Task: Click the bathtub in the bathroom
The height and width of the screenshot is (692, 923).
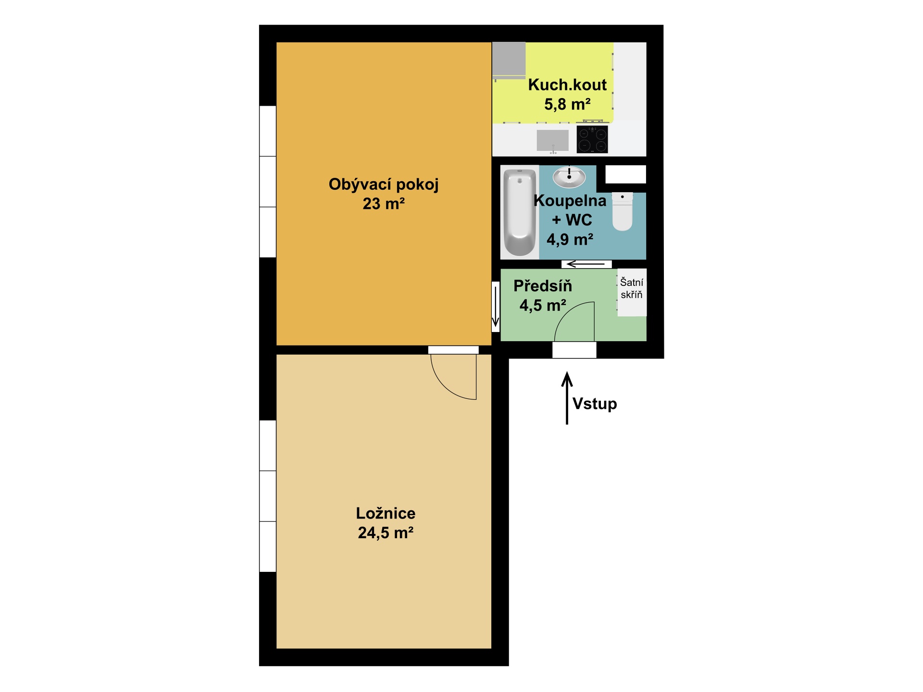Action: (519, 212)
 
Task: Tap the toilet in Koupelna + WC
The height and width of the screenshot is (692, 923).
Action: (622, 211)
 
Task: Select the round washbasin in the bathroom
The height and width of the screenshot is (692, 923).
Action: (569, 177)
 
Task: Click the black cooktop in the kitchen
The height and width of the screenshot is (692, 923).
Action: (592, 139)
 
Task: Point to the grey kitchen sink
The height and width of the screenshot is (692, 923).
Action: (553, 140)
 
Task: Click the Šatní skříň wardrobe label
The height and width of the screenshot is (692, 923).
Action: (631, 288)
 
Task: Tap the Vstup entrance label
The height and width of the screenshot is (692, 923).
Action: (595, 404)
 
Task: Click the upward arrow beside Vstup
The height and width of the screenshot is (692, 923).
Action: (567, 398)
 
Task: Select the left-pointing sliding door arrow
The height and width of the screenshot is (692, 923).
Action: (586, 264)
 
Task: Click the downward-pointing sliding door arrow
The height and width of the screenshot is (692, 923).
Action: (495, 306)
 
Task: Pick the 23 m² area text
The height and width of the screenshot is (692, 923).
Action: (384, 204)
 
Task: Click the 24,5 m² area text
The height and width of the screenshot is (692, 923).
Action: (386, 533)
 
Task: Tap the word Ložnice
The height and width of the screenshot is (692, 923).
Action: (386, 513)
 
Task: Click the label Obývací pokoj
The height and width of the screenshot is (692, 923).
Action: (384, 185)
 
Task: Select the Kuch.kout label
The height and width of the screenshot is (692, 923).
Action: (567, 85)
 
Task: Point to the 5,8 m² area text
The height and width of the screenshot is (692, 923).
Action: (567, 104)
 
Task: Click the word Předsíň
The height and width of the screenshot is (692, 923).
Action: (543, 285)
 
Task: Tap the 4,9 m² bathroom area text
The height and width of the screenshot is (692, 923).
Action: (570, 239)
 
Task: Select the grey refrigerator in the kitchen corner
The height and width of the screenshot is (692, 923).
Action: (509, 60)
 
